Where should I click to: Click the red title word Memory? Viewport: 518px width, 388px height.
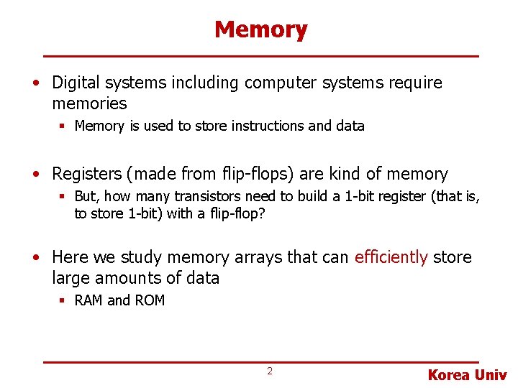coord(260,30)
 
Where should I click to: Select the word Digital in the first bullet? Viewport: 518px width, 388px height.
coord(74,83)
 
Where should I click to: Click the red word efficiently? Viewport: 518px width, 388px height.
coord(391,257)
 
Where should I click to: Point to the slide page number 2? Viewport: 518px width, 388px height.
coord(270,371)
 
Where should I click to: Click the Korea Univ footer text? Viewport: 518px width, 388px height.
coord(468,375)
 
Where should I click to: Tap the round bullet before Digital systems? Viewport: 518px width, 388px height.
coord(36,83)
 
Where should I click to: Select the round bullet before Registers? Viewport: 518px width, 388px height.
coord(36,175)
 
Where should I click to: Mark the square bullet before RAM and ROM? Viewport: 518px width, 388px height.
coord(63,300)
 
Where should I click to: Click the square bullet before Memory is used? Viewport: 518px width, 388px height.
coord(63,126)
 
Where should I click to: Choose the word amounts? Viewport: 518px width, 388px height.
coord(137,278)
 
